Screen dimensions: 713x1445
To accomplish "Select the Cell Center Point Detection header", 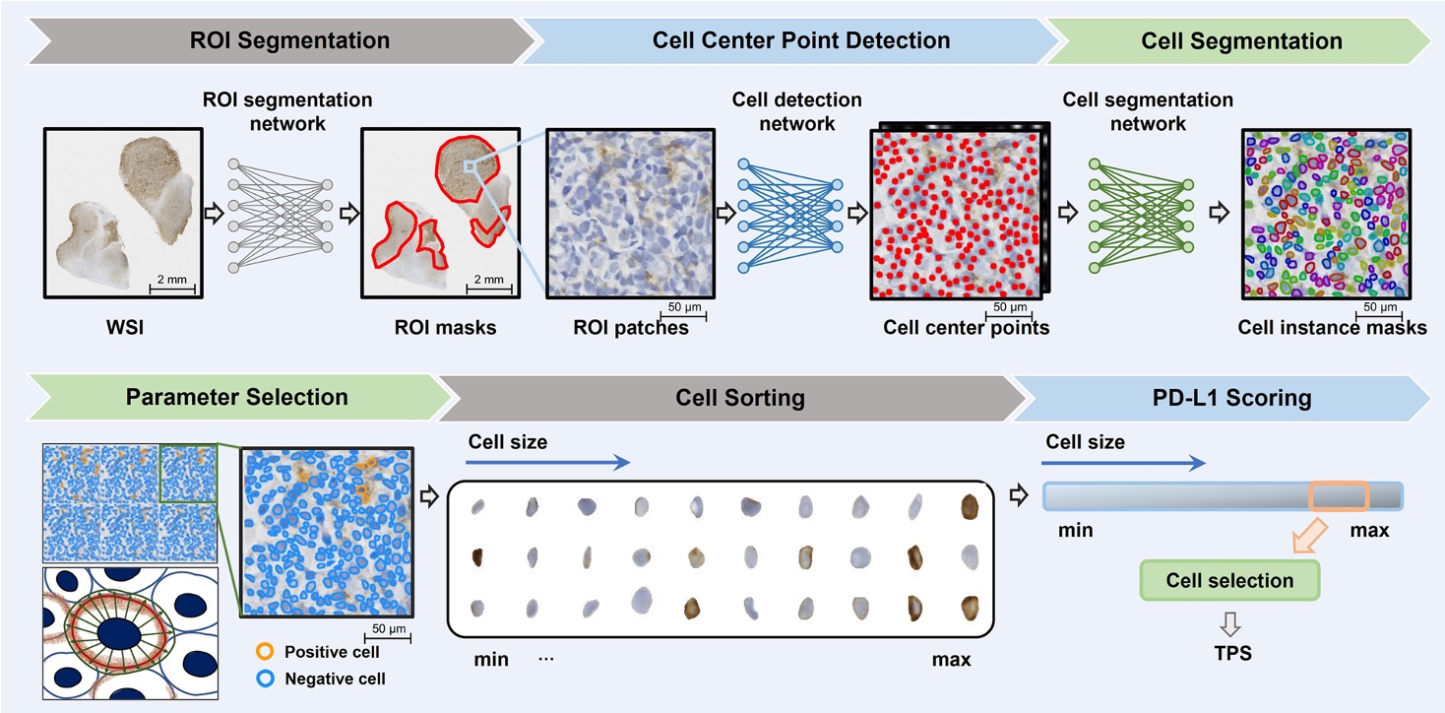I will pos(800,41).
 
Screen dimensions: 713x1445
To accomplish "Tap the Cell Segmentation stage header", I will pos(1241,41).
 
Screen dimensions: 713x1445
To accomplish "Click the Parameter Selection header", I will pos(236,397).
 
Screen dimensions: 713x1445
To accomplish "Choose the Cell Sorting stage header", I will pos(739,398).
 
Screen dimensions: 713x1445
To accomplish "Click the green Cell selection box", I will pos(1229,580).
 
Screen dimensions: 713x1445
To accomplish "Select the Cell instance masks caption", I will pos(1334,327).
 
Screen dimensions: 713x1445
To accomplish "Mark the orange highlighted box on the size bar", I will pos(1339,495).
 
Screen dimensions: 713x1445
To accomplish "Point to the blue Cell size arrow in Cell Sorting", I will pos(546,461).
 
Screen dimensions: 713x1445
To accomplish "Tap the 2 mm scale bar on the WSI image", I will pos(171,287).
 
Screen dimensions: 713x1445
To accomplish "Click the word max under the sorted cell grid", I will pos(951,659).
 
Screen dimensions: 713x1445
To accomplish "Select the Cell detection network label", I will pos(796,111).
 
